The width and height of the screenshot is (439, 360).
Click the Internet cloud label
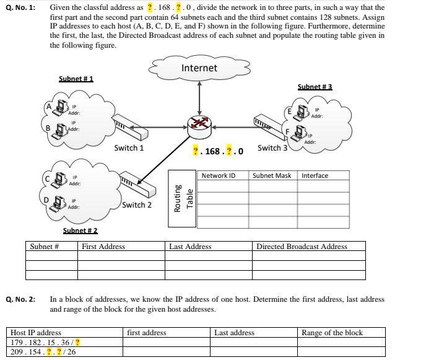click(x=199, y=68)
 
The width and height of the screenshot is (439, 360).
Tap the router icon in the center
click(x=199, y=124)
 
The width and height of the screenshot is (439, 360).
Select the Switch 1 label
click(x=129, y=148)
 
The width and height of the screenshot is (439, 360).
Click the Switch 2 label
click(x=137, y=204)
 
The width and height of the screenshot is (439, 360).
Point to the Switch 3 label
click(x=272, y=148)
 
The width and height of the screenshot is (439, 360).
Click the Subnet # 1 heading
click(x=76, y=79)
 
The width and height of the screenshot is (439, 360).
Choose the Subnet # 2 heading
click(x=80, y=230)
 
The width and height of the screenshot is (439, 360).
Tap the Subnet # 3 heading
click(x=315, y=87)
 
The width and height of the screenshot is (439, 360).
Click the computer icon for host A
click(x=61, y=108)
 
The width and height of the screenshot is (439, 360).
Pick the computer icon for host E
click(x=302, y=112)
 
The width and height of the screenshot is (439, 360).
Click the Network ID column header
click(x=219, y=175)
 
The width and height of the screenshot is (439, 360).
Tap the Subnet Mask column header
click(x=271, y=175)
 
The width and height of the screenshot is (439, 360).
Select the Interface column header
click(x=315, y=175)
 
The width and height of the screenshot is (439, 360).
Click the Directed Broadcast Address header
click(x=302, y=247)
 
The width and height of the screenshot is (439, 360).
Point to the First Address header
click(x=103, y=247)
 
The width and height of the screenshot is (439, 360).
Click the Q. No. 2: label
click(x=20, y=299)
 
